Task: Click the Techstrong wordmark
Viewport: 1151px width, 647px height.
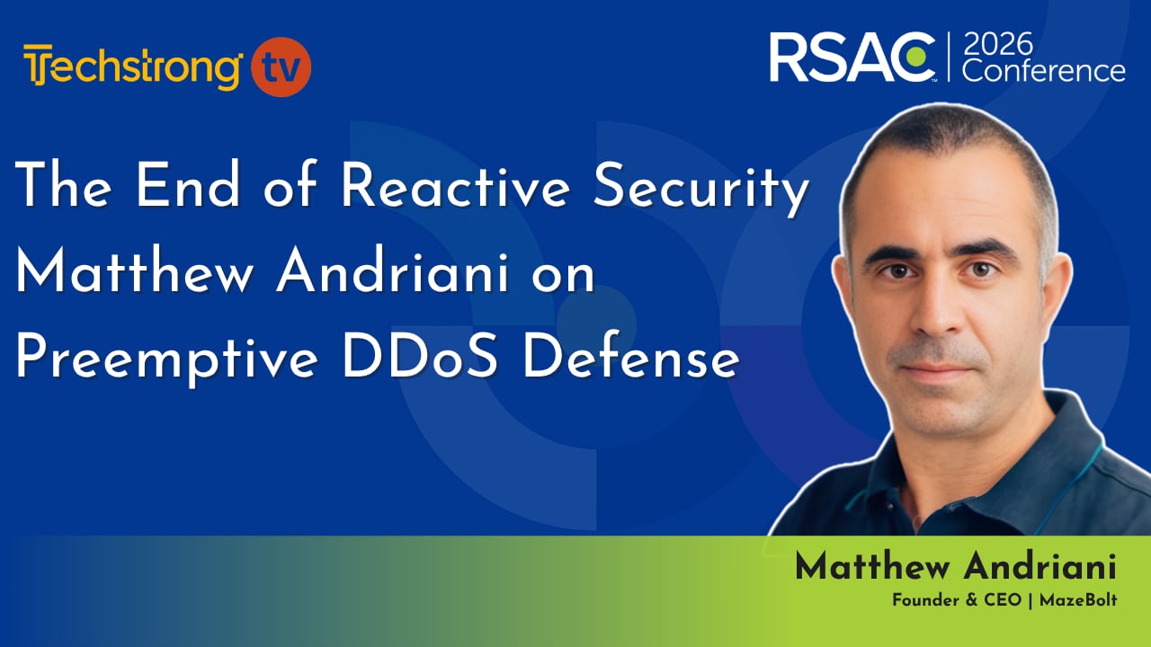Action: click(x=134, y=67)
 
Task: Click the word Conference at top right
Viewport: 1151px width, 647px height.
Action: click(x=1044, y=70)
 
